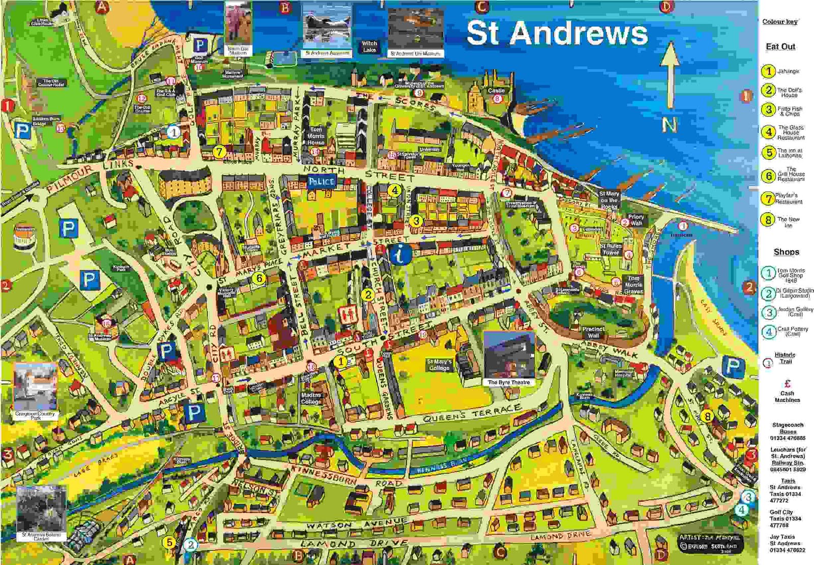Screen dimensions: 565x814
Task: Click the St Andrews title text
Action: (557, 34)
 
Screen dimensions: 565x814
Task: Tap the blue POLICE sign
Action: (321, 181)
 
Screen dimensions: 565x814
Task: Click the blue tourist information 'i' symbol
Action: (401, 253)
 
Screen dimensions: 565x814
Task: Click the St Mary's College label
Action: (439, 364)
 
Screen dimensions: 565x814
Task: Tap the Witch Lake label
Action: (369, 46)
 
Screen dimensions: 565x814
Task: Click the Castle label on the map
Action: (496, 91)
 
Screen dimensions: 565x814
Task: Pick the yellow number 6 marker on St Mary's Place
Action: (259, 278)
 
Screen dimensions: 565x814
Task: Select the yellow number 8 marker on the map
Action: (707, 416)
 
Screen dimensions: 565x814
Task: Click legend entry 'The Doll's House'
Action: (789, 92)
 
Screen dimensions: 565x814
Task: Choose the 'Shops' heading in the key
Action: (786, 252)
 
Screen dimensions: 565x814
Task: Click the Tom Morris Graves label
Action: (633, 285)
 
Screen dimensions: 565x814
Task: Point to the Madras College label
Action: (311, 398)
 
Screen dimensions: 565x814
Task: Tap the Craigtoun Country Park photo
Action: (35, 388)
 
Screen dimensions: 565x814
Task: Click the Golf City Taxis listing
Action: (785, 519)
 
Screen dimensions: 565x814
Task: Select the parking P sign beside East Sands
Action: (733, 365)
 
